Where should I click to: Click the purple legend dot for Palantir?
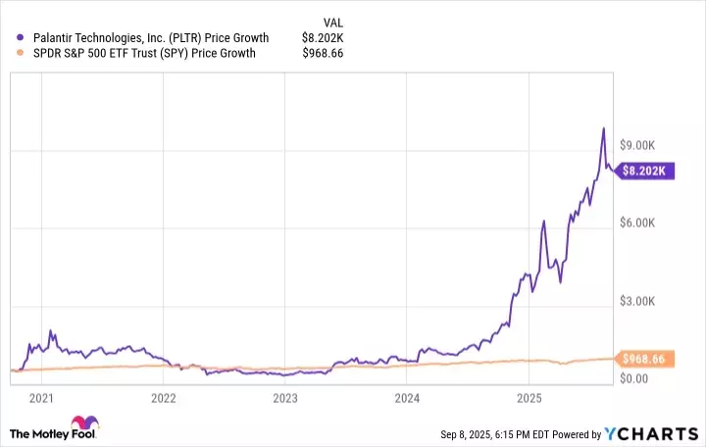21,38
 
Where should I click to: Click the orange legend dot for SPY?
21,53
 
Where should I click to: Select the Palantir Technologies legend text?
150,38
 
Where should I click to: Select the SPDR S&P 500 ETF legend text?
143,53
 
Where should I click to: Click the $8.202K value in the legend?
323,38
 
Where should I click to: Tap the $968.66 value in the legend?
324,53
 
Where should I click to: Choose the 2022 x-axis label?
163,398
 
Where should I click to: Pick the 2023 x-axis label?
284,398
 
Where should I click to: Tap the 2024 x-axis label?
407,398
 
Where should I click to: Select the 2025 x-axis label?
529,398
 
